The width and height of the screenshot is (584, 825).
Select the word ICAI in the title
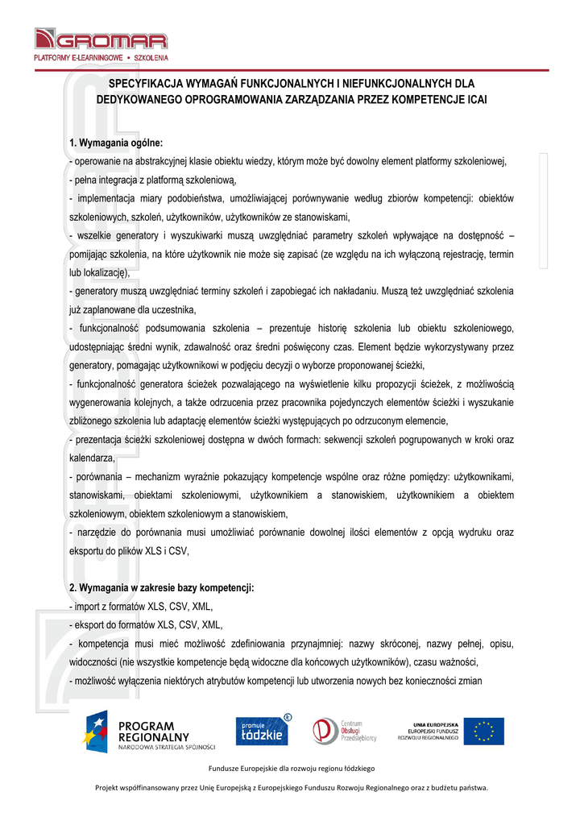coord(475,100)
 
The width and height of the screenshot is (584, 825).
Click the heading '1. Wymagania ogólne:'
coord(116,143)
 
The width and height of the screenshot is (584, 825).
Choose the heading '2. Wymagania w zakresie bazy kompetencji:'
coord(161,588)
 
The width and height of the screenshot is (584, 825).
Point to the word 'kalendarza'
coord(91,458)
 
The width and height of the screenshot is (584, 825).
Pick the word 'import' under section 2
coord(87,607)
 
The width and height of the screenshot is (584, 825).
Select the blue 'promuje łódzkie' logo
coord(263,731)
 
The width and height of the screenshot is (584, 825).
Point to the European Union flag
coord(485,732)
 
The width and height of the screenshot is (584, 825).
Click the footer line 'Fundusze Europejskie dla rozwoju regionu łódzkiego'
coord(292,768)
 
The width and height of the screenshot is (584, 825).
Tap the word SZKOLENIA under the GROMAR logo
coord(151,59)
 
